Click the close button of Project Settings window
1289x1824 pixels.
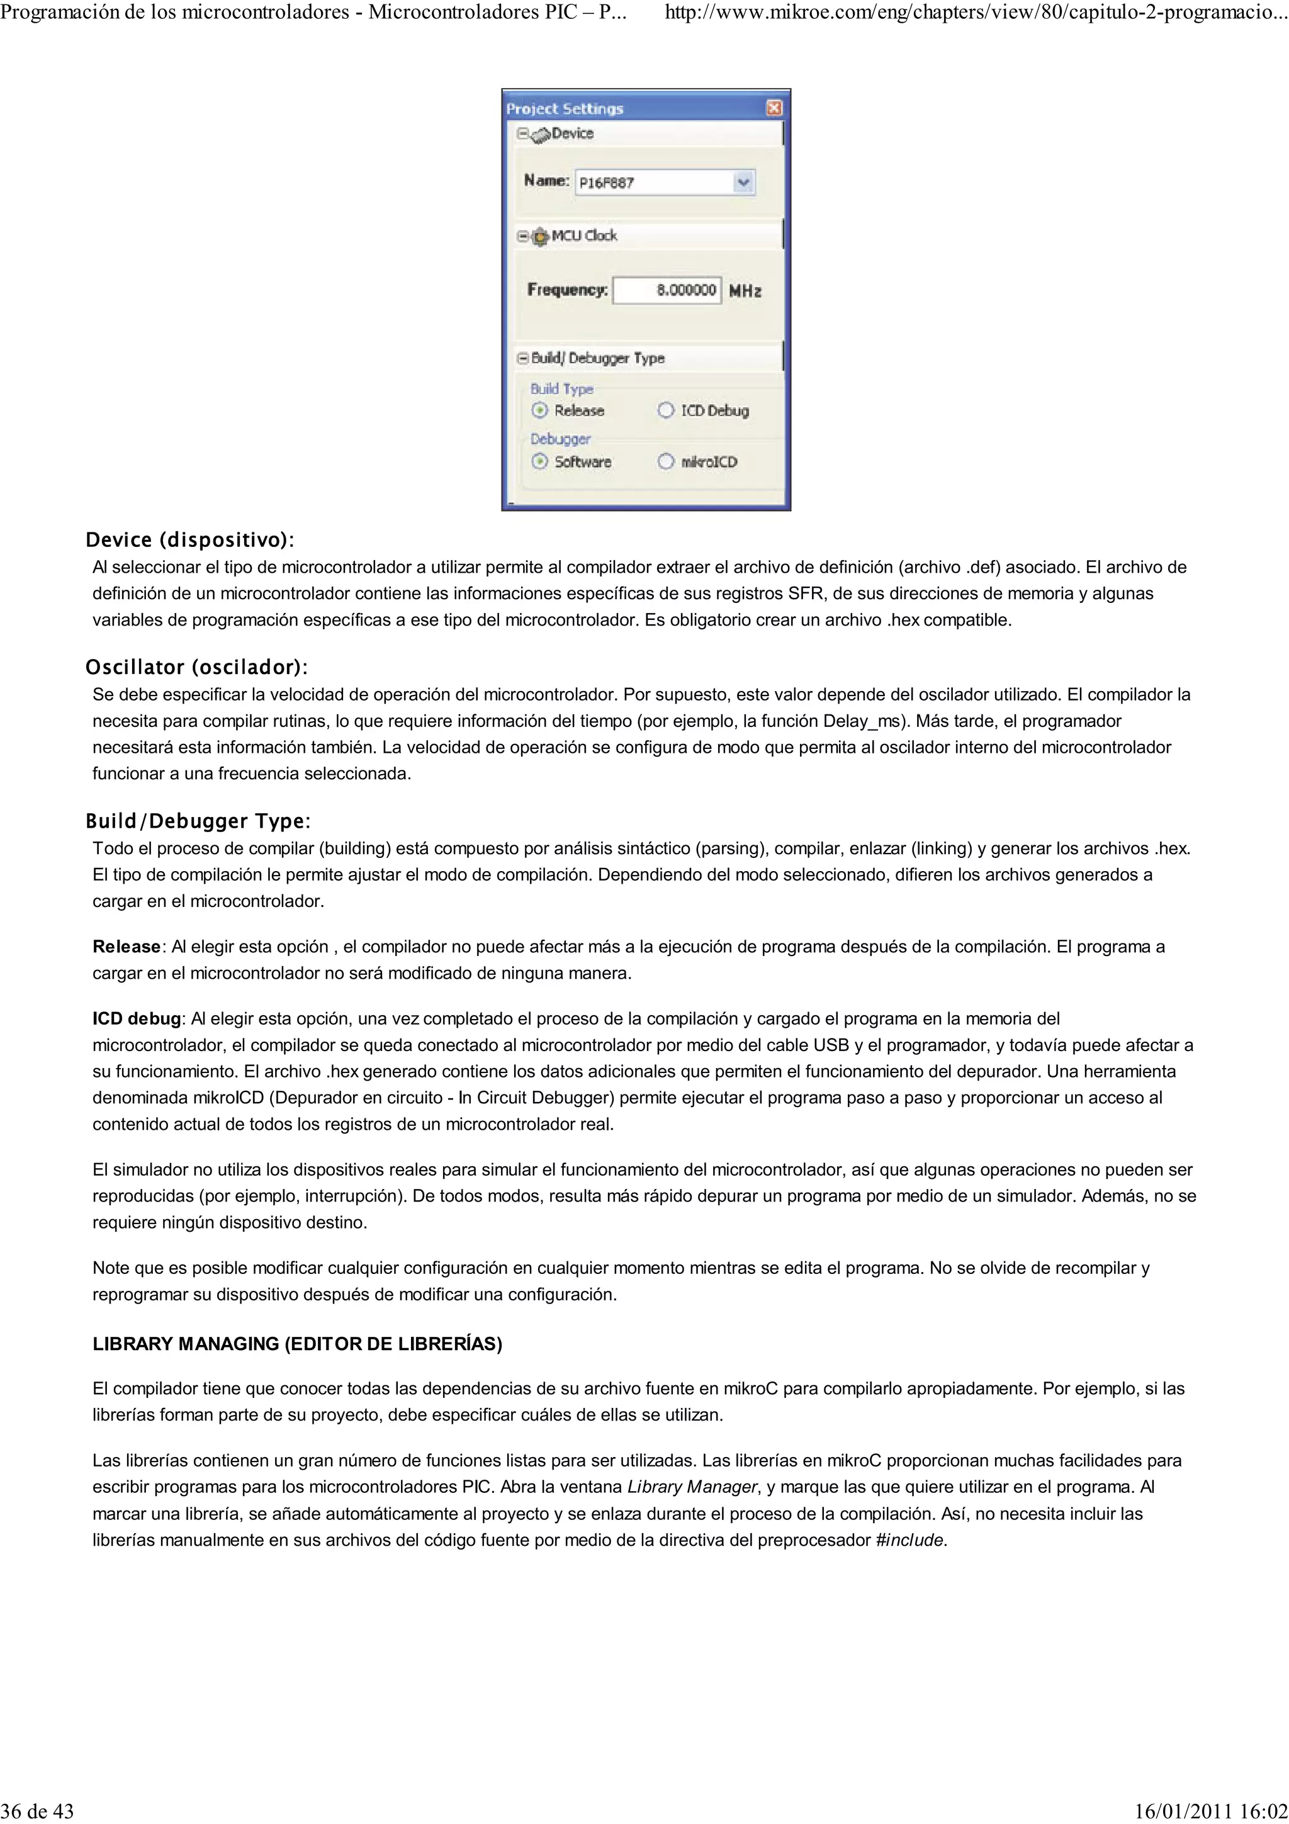[x=774, y=108]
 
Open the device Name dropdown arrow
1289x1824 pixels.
[x=743, y=183]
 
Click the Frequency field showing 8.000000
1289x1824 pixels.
[x=667, y=291]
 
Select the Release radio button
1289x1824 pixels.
[x=540, y=411]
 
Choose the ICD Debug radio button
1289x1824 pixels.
[x=665, y=411]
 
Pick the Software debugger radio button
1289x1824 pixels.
[x=540, y=461]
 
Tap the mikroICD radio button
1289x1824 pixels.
[x=665, y=461]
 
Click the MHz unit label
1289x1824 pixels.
[x=745, y=291]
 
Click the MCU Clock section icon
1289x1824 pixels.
[x=540, y=236]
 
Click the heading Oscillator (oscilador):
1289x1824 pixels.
[x=196, y=667]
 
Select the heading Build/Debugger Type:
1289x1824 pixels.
[x=198, y=821]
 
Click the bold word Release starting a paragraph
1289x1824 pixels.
[x=127, y=947]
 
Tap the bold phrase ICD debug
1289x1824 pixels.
[x=137, y=1019]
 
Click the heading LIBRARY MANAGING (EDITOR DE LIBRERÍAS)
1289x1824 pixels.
[x=297, y=1344]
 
